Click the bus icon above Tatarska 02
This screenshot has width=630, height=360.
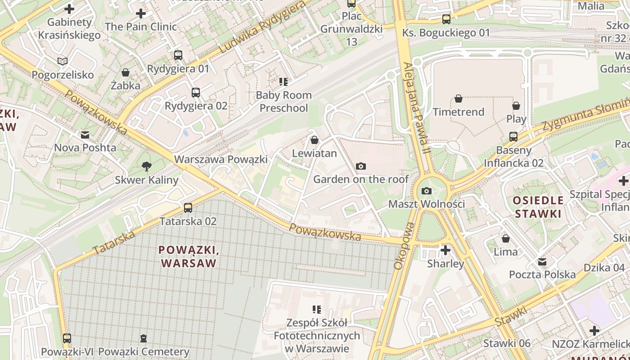point(188,208)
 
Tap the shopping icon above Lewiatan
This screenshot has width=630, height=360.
point(315,140)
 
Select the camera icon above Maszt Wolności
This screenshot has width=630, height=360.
point(427,191)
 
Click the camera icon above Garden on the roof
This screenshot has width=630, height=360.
point(360,166)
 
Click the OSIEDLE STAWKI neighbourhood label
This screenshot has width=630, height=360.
point(538,207)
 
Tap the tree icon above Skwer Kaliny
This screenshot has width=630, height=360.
point(146,166)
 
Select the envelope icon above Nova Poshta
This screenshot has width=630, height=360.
point(85,135)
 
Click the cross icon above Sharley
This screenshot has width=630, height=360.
point(445,250)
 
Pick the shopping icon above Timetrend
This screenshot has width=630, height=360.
point(459,99)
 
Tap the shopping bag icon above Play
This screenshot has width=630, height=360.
point(516,106)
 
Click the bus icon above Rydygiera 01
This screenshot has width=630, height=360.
point(178,55)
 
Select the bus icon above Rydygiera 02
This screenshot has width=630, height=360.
point(196,93)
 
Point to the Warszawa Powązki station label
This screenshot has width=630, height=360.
point(220,159)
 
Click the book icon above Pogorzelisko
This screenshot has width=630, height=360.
point(63,61)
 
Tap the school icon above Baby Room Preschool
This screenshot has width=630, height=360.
point(283,82)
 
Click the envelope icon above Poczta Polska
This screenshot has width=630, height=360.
point(542,261)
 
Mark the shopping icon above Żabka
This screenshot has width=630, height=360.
point(126,72)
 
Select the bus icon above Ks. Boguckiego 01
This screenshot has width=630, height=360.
point(446,19)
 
